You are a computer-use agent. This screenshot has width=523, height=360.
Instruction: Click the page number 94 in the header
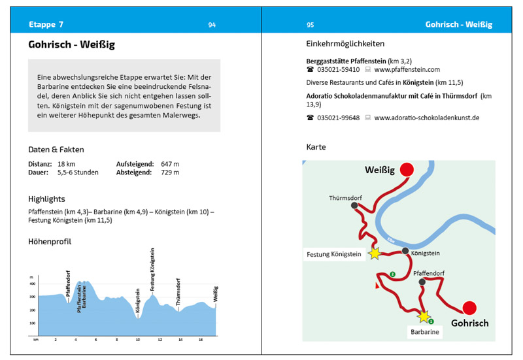click(x=212, y=25)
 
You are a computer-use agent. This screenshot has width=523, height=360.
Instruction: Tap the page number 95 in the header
click(x=310, y=25)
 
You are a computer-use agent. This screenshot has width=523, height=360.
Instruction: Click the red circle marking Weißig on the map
click(x=407, y=169)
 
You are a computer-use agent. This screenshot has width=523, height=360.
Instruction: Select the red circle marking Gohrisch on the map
click(x=469, y=308)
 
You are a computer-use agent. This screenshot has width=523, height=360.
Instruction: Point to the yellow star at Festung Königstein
click(x=375, y=254)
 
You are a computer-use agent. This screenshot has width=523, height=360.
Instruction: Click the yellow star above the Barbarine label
click(x=424, y=316)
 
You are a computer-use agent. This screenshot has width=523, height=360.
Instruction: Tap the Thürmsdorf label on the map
click(x=345, y=198)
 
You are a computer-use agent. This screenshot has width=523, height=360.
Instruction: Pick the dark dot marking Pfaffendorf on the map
click(x=422, y=282)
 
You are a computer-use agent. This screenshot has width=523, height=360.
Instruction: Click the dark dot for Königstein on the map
click(x=405, y=251)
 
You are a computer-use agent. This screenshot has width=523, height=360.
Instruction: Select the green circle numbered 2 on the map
click(x=393, y=274)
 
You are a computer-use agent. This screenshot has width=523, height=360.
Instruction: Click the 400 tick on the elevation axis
click(x=32, y=284)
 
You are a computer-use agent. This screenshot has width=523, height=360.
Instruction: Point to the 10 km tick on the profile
click(x=137, y=340)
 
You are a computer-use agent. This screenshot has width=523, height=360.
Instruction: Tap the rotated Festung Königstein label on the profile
click(x=152, y=269)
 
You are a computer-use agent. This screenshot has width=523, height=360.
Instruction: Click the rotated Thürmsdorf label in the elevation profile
click(x=178, y=292)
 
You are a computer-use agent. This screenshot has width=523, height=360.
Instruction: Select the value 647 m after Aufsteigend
click(x=170, y=164)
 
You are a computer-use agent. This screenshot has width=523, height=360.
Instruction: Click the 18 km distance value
click(x=67, y=164)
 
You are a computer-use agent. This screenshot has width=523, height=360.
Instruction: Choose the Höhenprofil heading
click(x=50, y=242)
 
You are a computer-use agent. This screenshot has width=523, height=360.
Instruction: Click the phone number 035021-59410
click(x=338, y=70)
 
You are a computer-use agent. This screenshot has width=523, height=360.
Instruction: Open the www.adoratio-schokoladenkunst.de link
click(x=427, y=118)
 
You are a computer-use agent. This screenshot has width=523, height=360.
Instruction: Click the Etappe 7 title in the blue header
click(x=46, y=25)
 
